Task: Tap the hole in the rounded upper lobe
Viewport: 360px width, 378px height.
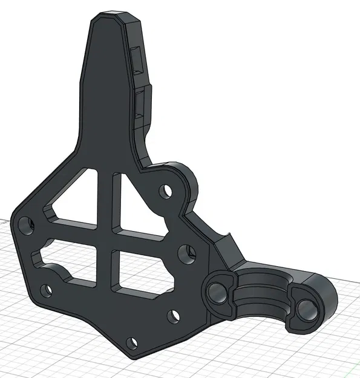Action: pyautogui.click(x=165, y=192)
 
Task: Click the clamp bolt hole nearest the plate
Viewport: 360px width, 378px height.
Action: pyautogui.click(x=215, y=293)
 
